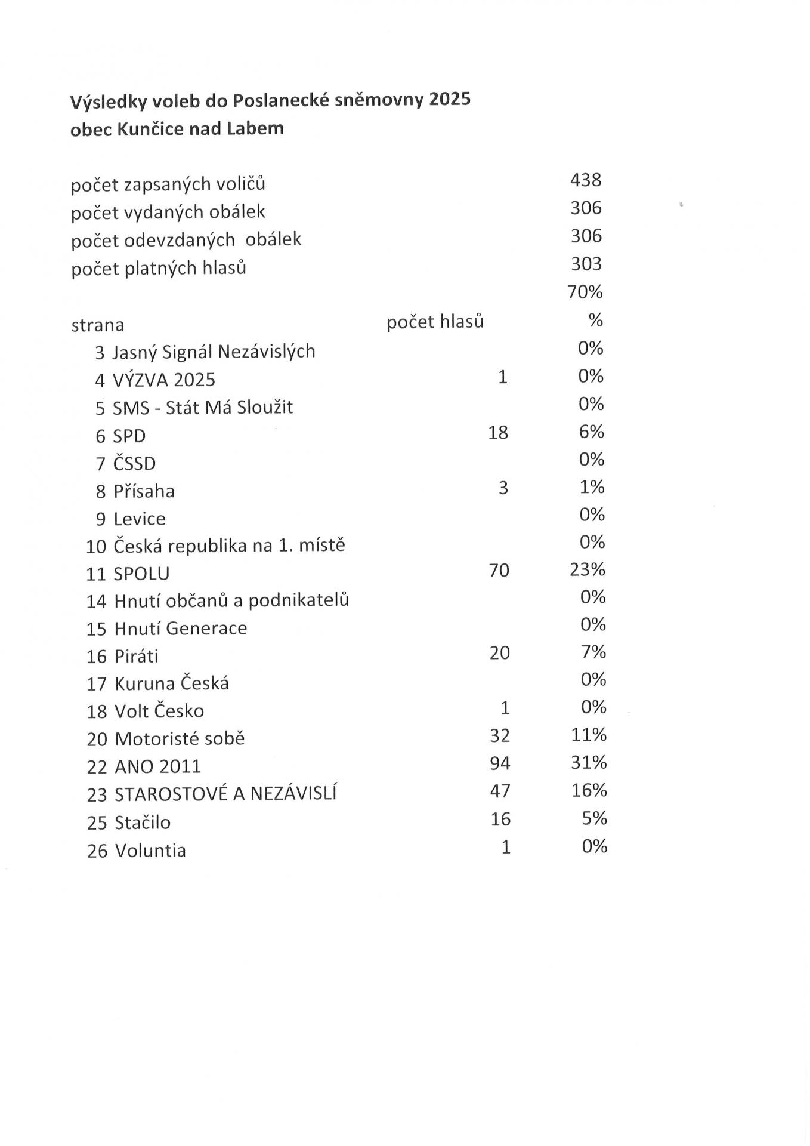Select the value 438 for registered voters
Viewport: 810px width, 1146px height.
click(x=586, y=180)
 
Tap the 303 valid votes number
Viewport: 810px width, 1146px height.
click(x=586, y=263)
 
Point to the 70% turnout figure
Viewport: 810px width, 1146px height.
click(x=585, y=292)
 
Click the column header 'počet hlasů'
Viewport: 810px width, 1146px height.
click(x=435, y=322)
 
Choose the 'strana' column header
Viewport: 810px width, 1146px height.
click(x=97, y=325)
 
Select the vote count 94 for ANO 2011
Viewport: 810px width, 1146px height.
click(x=499, y=763)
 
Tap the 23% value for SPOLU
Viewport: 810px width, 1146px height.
click(x=587, y=569)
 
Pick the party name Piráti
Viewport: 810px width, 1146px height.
click(x=137, y=657)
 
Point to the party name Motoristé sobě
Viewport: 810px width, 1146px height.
click(x=180, y=739)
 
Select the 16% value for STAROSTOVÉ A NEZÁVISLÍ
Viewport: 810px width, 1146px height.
click(x=589, y=790)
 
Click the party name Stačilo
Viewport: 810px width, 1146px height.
click(x=143, y=822)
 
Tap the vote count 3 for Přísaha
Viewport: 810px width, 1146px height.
click(x=503, y=488)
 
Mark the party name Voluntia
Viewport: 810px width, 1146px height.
click(x=150, y=850)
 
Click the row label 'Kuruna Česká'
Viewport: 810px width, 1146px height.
click(x=172, y=683)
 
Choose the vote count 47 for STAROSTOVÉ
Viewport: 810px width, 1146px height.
click(x=500, y=791)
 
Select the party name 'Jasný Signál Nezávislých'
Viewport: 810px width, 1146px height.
click(x=214, y=352)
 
